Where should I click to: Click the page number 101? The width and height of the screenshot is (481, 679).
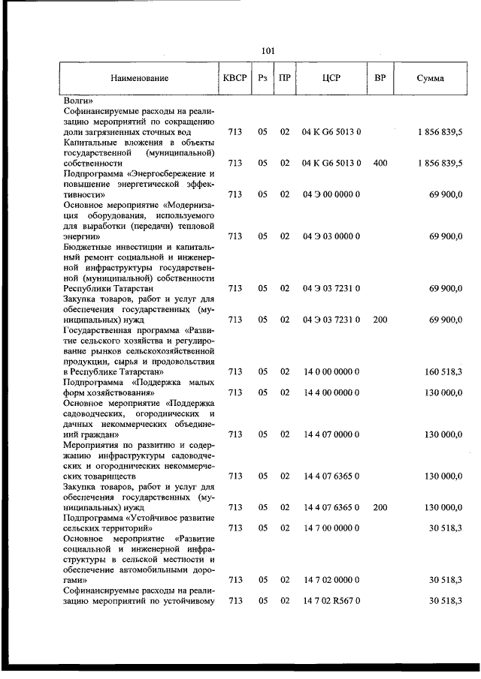(268, 51)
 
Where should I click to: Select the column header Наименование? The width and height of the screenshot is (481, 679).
(139, 78)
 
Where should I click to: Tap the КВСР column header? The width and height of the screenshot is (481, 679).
(234, 78)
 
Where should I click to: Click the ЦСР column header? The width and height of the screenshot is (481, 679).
(331, 78)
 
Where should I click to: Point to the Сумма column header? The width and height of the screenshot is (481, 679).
(429, 78)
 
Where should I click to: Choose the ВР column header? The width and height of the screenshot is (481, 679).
(380, 78)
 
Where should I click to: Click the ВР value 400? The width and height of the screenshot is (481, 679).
(380, 162)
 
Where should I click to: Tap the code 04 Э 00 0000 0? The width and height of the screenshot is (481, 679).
(331, 194)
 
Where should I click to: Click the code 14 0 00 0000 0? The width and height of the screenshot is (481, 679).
(331, 371)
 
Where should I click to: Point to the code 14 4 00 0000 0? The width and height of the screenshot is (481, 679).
(331, 392)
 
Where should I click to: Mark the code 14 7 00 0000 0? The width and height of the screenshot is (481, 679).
(331, 528)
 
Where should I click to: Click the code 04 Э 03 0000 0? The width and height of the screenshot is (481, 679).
(331, 236)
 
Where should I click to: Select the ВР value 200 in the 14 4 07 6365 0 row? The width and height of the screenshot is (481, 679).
(380, 507)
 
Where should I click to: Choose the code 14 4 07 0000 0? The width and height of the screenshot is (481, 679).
(331, 434)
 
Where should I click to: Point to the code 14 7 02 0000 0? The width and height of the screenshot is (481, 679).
(331, 580)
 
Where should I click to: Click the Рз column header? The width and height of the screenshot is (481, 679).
(262, 78)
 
